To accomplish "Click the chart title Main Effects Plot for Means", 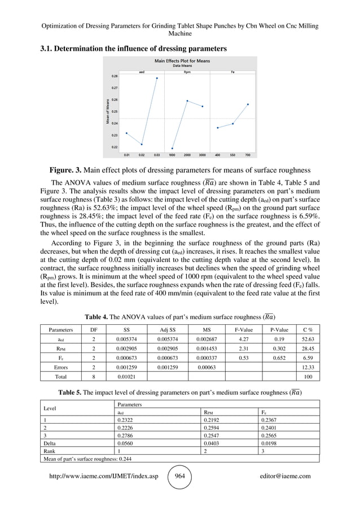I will click(x=180, y=60).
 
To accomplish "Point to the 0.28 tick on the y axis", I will click(x=115, y=76).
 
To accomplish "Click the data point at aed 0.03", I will click(x=157, y=78).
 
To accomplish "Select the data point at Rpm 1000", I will click(x=172, y=149).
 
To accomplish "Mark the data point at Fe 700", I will click(x=248, y=104).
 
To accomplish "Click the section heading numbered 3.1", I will click(x=133, y=49).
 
